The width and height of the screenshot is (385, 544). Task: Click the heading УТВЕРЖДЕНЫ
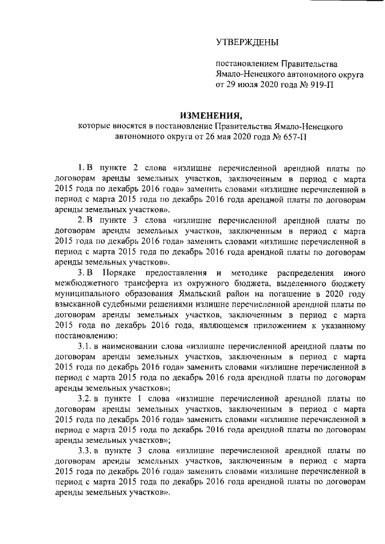pyautogui.click(x=247, y=42)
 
